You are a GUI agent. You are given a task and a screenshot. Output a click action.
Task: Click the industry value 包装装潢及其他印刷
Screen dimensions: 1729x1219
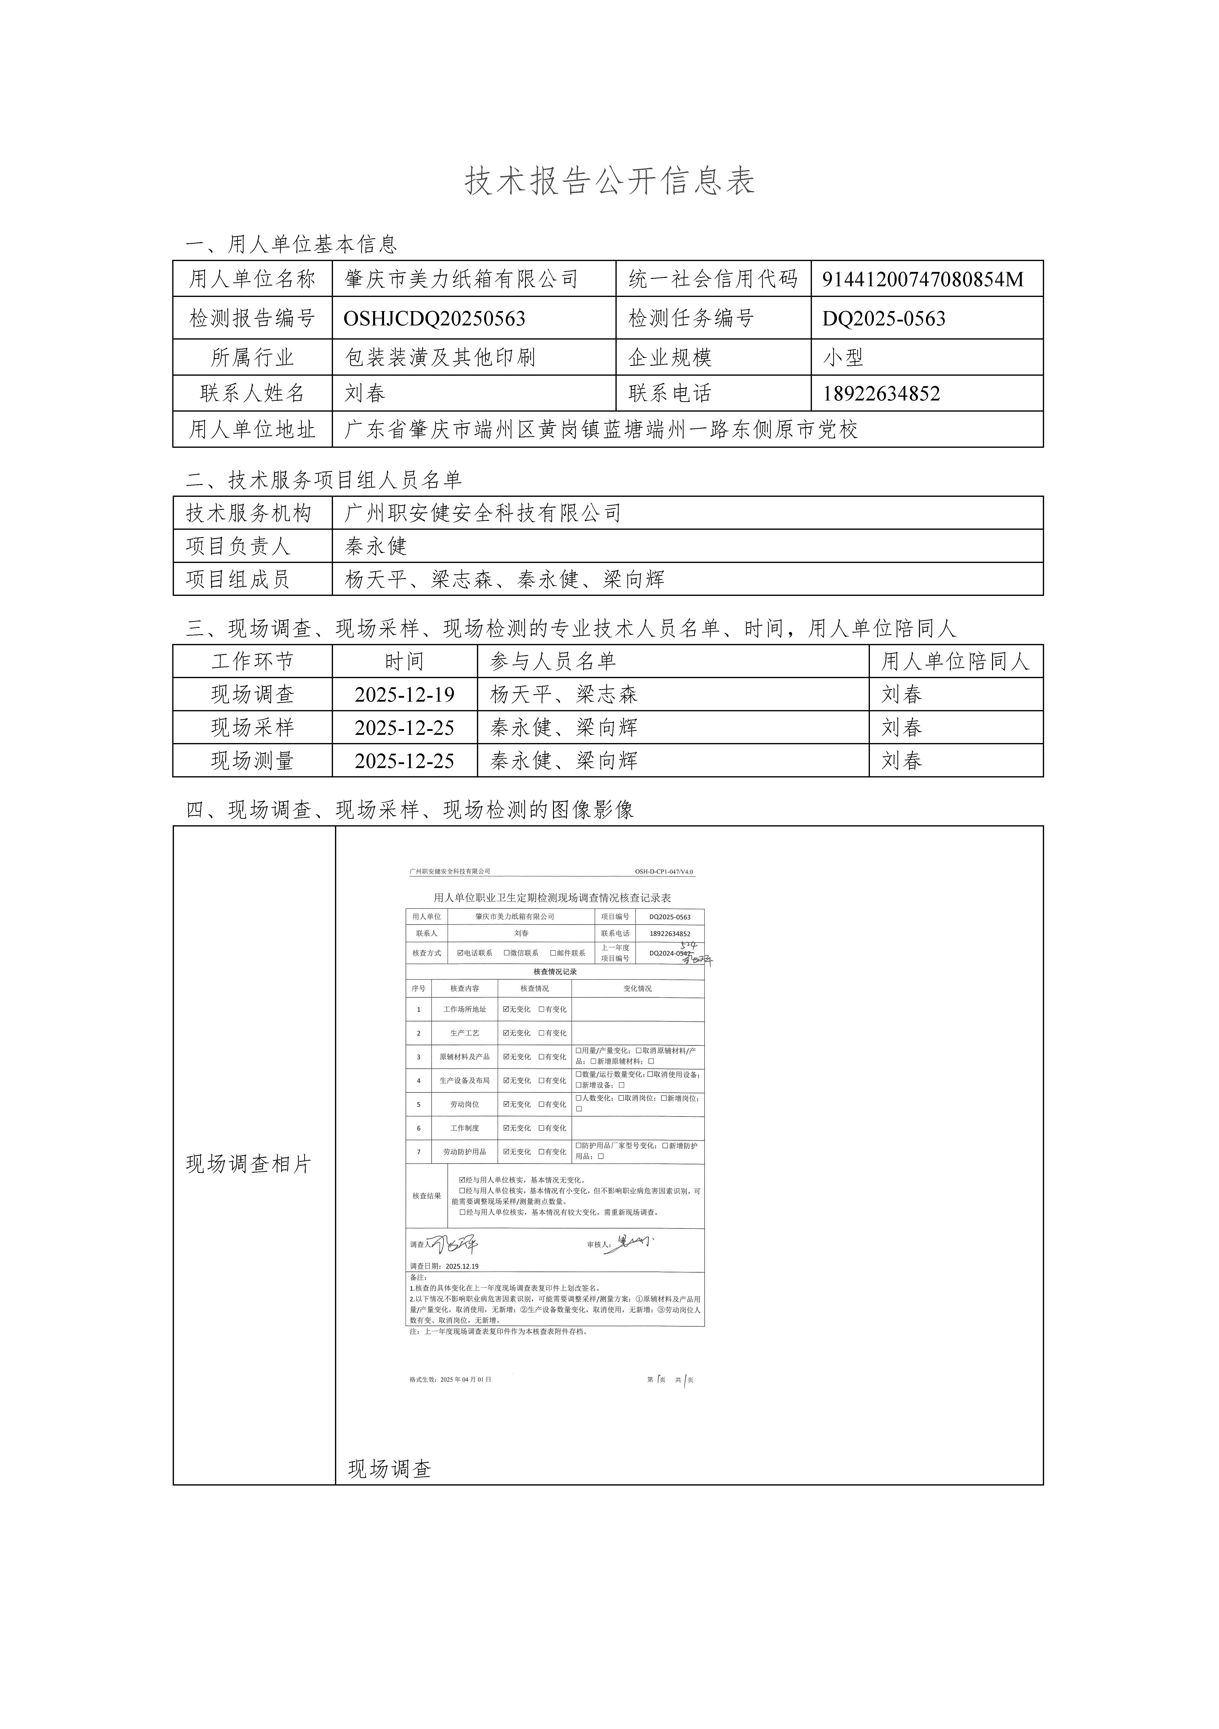[440, 357]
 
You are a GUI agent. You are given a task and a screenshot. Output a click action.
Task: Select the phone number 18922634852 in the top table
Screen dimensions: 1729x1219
[881, 393]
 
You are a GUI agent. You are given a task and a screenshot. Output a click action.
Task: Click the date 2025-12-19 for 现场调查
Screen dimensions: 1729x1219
[405, 694]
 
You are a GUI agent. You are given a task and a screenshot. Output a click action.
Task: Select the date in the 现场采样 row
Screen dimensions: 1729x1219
[405, 727]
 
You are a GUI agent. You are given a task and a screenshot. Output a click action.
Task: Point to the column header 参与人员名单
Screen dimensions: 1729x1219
[553, 661]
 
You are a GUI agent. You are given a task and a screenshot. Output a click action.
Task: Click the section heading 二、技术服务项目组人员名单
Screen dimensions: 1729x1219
[324, 480]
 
